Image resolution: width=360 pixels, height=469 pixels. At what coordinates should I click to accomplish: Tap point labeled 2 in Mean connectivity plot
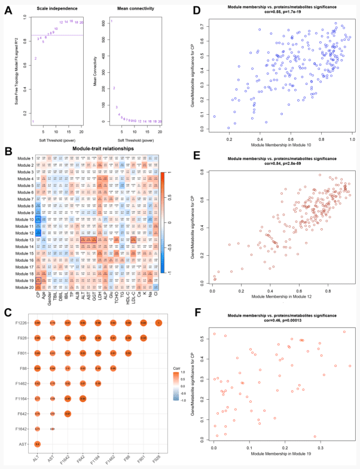point(114,88)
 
